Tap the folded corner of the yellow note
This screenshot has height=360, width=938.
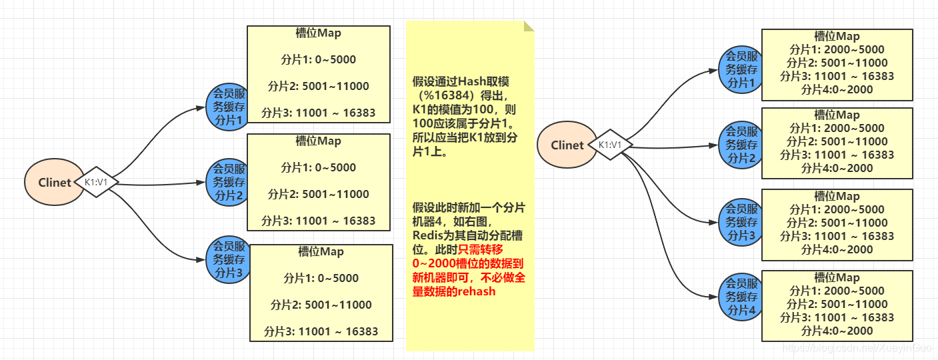click(x=529, y=26)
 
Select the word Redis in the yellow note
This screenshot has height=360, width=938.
click(x=429, y=235)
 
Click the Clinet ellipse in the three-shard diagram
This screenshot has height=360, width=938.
click(x=55, y=182)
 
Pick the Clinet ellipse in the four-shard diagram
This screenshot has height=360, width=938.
click(x=567, y=145)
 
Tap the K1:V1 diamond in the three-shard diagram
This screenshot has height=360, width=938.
click(x=97, y=182)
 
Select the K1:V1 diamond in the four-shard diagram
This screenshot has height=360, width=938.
click(x=610, y=145)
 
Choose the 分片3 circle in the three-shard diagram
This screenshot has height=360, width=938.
click(x=229, y=259)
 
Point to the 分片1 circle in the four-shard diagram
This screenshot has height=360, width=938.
click(x=742, y=69)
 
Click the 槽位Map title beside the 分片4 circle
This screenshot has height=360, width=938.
click(x=837, y=277)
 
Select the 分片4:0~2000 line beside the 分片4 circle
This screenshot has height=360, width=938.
click(x=837, y=331)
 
